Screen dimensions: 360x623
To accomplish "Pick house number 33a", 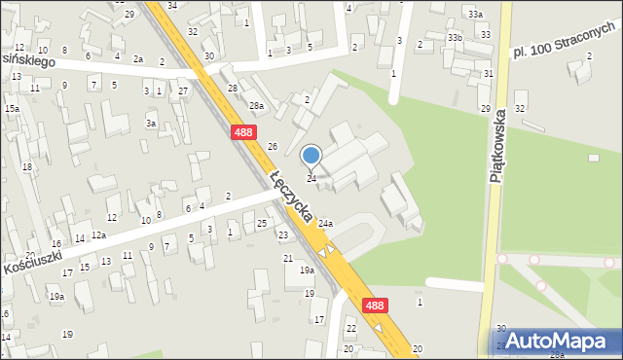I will click(474, 15).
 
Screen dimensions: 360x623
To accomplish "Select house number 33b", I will click(455, 37).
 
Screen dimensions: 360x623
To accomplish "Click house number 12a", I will click(98, 235).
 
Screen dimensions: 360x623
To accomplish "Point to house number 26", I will click(274, 147).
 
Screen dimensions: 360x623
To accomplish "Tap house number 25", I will click(262, 224).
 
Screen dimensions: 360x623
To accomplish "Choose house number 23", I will click(282, 235).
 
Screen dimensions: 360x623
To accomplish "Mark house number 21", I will click(288, 258).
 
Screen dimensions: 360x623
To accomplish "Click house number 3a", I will click(151, 124).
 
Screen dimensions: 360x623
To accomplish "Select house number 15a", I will click(12, 108).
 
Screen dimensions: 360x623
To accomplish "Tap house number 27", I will click(183, 90).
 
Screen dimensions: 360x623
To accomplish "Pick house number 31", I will click(488, 74).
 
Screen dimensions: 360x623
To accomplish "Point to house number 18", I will click(27, 167).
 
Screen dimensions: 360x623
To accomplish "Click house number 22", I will click(351, 329).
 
